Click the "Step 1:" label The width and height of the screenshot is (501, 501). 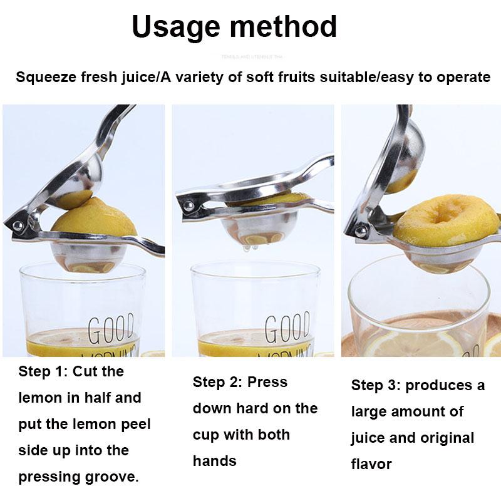(43, 371)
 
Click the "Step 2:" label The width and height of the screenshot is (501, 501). (217, 382)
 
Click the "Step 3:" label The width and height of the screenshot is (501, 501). (376, 385)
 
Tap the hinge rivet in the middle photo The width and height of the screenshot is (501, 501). (188, 205)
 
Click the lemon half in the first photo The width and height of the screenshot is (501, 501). (94, 219)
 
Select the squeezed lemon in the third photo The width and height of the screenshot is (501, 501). (446, 219)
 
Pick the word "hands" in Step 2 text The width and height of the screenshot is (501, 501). (214, 461)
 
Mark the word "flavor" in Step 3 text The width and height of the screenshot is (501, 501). (371, 464)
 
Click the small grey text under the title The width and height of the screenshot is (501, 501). (250, 57)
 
